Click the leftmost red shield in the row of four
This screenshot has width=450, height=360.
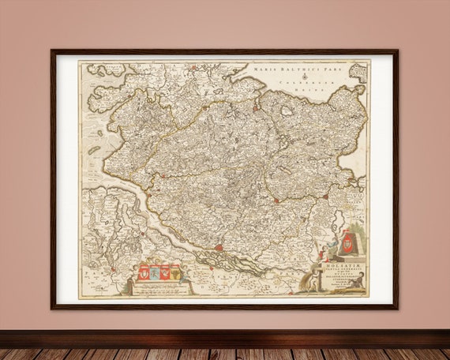point(144,274)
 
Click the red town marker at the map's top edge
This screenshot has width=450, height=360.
point(256,107)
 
